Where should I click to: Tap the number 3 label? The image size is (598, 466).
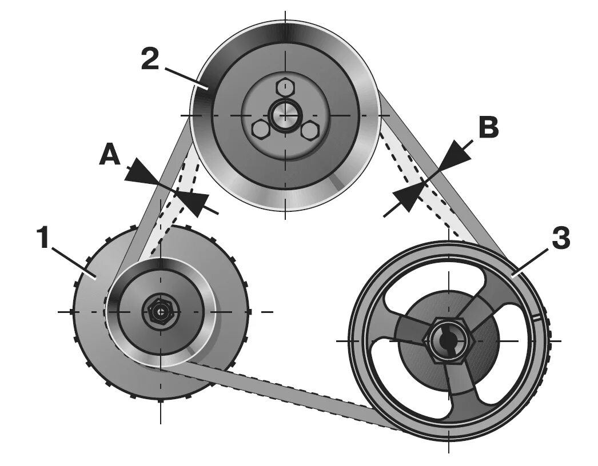(560, 239)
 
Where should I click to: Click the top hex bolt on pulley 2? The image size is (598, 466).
(284, 87)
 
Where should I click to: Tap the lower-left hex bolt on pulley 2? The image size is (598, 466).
(260, 130)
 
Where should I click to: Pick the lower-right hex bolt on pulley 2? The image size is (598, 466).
(309, 131)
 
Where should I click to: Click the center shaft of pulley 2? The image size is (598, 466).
(284, 114)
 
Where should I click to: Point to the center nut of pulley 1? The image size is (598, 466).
(161, 312)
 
